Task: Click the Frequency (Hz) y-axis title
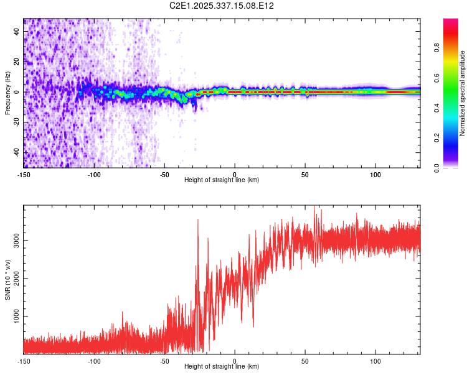coord(7,93)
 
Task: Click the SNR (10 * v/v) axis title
coord(7,280)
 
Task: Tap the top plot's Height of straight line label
coord(222,180)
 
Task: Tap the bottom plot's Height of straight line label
coord(222,366)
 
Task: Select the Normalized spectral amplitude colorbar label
coord(462,93)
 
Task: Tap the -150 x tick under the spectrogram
coord(24,175)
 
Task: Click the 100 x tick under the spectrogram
coord(375,175)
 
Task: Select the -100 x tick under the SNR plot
coord(94,361)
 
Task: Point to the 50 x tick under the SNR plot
coord(305,361)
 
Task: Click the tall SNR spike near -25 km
coord(198,221)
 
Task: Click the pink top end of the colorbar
coord(451,22)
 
